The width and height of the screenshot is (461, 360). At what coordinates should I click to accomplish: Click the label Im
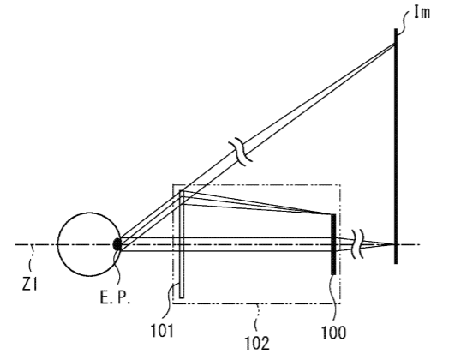pos(422,13)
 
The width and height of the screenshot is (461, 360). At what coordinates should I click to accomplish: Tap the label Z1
pos(30,284)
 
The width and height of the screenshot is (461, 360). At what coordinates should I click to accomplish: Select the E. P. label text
pos(115,297)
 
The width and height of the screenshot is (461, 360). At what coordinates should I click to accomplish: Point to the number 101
pos(162,330)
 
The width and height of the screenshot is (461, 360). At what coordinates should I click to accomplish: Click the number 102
pos(257,343)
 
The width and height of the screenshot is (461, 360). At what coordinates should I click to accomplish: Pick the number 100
pos(334,333)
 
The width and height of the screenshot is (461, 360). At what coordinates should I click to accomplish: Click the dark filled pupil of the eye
pos(117,244)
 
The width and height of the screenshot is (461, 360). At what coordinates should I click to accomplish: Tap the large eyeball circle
pos(57,244)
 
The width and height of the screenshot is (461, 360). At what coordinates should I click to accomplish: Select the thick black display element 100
pos(333,244)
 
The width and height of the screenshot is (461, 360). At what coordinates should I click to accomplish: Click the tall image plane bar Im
pos(396,147)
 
